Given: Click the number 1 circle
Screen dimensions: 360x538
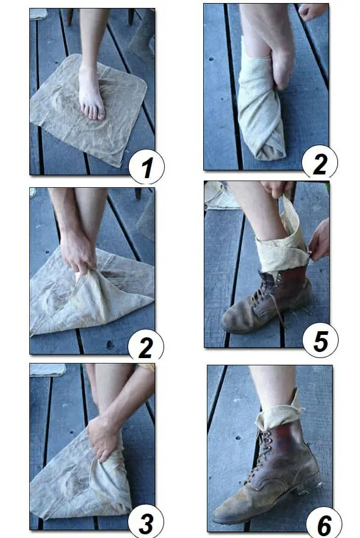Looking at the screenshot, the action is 146,167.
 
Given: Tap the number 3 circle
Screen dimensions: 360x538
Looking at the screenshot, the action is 146,522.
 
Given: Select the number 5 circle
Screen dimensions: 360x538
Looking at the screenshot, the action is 320,340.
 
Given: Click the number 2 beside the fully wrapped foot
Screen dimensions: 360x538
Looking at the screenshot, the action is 320,162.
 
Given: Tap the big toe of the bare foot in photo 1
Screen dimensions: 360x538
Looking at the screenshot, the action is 101,115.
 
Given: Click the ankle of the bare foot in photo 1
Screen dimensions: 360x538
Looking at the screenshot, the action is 88,70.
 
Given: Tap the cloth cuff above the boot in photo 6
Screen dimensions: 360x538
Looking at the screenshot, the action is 279,412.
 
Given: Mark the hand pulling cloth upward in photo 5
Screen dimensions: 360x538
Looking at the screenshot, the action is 277,188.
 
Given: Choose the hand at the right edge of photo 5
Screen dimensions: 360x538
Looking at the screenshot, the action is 319,240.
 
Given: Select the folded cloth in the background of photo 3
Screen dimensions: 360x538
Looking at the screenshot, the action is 48,370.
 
